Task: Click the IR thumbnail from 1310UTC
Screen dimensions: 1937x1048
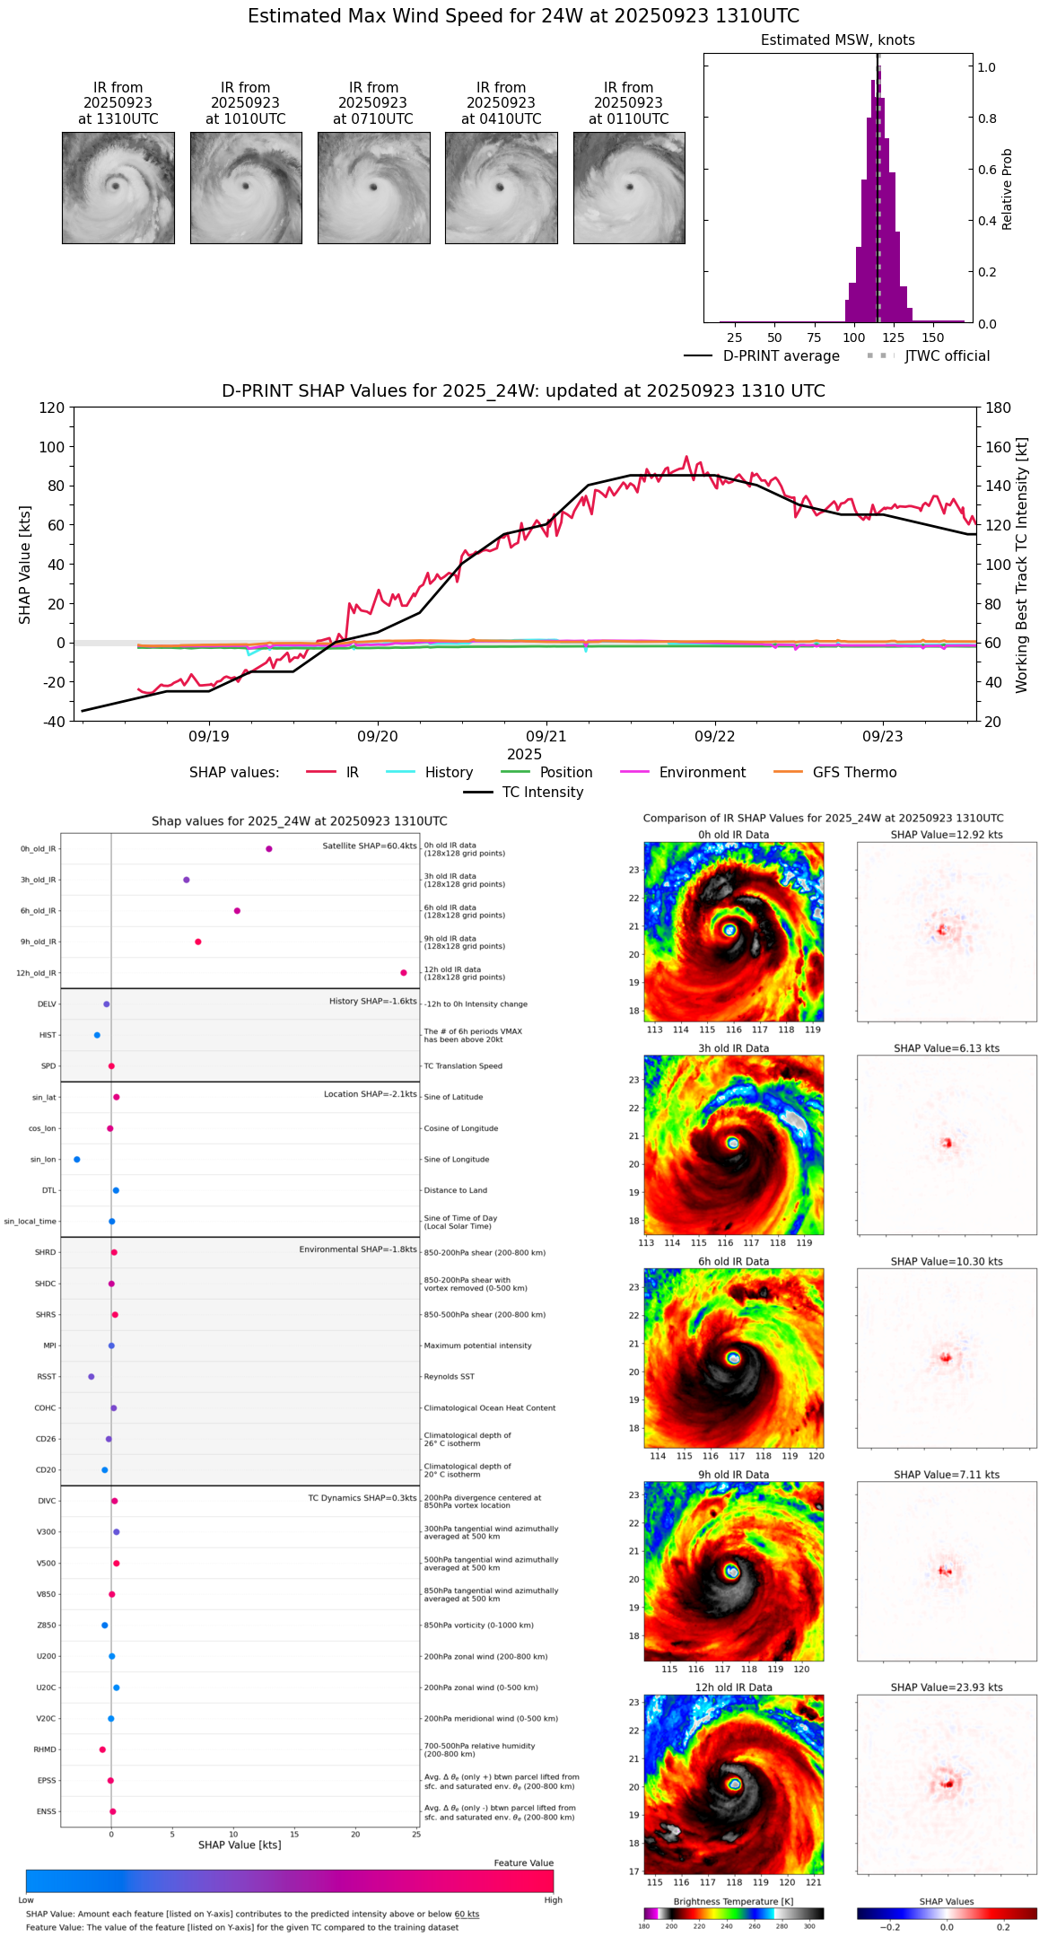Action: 118,188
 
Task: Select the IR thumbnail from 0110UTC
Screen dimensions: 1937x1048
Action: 629,188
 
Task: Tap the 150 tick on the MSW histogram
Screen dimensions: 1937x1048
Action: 933,337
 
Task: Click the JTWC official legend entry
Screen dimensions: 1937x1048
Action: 947,356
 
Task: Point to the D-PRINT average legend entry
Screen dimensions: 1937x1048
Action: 781,356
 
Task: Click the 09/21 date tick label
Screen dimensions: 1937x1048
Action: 546,737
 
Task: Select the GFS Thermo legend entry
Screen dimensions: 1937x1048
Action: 854,773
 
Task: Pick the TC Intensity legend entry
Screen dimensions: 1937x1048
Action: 542,793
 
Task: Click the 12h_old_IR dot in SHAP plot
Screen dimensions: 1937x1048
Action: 404,973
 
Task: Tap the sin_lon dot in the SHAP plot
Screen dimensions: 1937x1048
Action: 77,1160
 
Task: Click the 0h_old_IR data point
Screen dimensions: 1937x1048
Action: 269,849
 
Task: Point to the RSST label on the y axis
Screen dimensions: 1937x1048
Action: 47,1377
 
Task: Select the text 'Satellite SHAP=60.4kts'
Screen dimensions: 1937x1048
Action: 370,846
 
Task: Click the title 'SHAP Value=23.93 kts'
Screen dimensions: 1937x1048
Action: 947,1687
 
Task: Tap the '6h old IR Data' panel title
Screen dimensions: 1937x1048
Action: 733,1261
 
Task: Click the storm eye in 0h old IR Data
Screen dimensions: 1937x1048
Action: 729,930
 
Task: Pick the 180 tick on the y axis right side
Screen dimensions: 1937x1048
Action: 999,408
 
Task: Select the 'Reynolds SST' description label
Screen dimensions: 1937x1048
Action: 450,1377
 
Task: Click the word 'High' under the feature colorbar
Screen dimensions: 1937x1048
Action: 553,1900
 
